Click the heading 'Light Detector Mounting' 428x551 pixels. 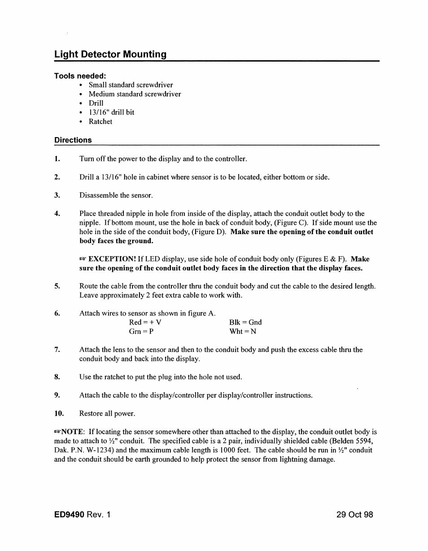point(110,54)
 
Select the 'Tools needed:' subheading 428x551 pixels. point(80,76)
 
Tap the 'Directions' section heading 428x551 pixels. point(73,140)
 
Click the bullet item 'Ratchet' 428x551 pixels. point(100,121)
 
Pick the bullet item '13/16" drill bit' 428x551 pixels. point(111,112)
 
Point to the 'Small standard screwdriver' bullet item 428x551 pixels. point(131,84)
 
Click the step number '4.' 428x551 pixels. point(57,213)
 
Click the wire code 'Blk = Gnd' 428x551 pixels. point(245,322)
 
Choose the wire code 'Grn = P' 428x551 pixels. point(141,332)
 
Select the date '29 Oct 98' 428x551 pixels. point(354,515)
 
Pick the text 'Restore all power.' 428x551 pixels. point(107,413)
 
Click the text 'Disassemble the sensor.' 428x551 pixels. point(116,195)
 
